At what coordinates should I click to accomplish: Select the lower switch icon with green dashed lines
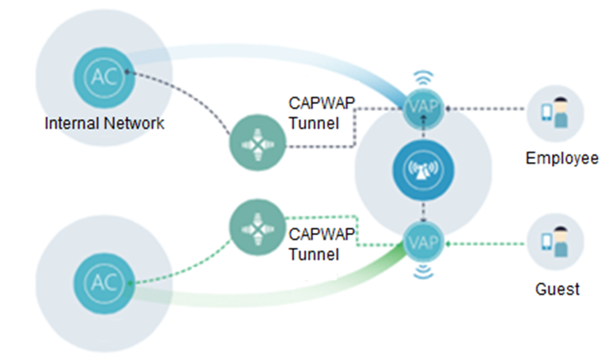(x=255, y=229)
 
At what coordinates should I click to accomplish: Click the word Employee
(x=561, y=159)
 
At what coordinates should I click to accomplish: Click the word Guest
(x=556, y=289)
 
